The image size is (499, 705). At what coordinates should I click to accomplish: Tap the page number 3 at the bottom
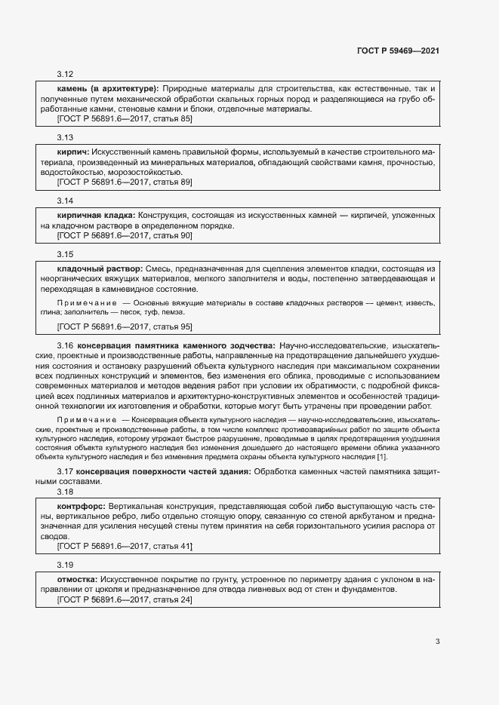click(438, 642)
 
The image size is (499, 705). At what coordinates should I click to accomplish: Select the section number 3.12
click(65, 74)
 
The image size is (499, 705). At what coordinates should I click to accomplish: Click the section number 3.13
click(65, 138)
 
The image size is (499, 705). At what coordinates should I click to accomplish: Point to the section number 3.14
click(65, 201)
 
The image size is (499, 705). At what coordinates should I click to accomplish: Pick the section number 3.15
click(65, 254)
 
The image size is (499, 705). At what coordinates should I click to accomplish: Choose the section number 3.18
click(65, 491)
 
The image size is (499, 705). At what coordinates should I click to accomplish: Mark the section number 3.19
click(65, 564)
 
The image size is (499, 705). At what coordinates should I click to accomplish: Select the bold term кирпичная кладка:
click(96, 216)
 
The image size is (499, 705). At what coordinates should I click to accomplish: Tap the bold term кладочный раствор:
click(100, 268)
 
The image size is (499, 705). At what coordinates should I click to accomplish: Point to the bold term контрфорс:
click(82, 504)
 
